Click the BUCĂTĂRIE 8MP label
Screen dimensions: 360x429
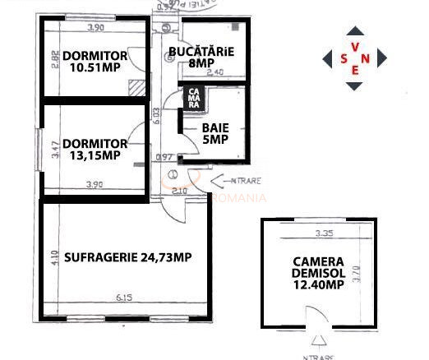tap(201, 56)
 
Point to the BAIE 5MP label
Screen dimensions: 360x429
tap(215, 134)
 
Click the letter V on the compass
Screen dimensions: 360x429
tap(354, 46)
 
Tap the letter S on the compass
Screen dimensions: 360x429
tap(343, 58)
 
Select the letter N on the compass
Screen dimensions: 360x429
tap(367, 58)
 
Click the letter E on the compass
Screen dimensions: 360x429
tap(354, 71)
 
